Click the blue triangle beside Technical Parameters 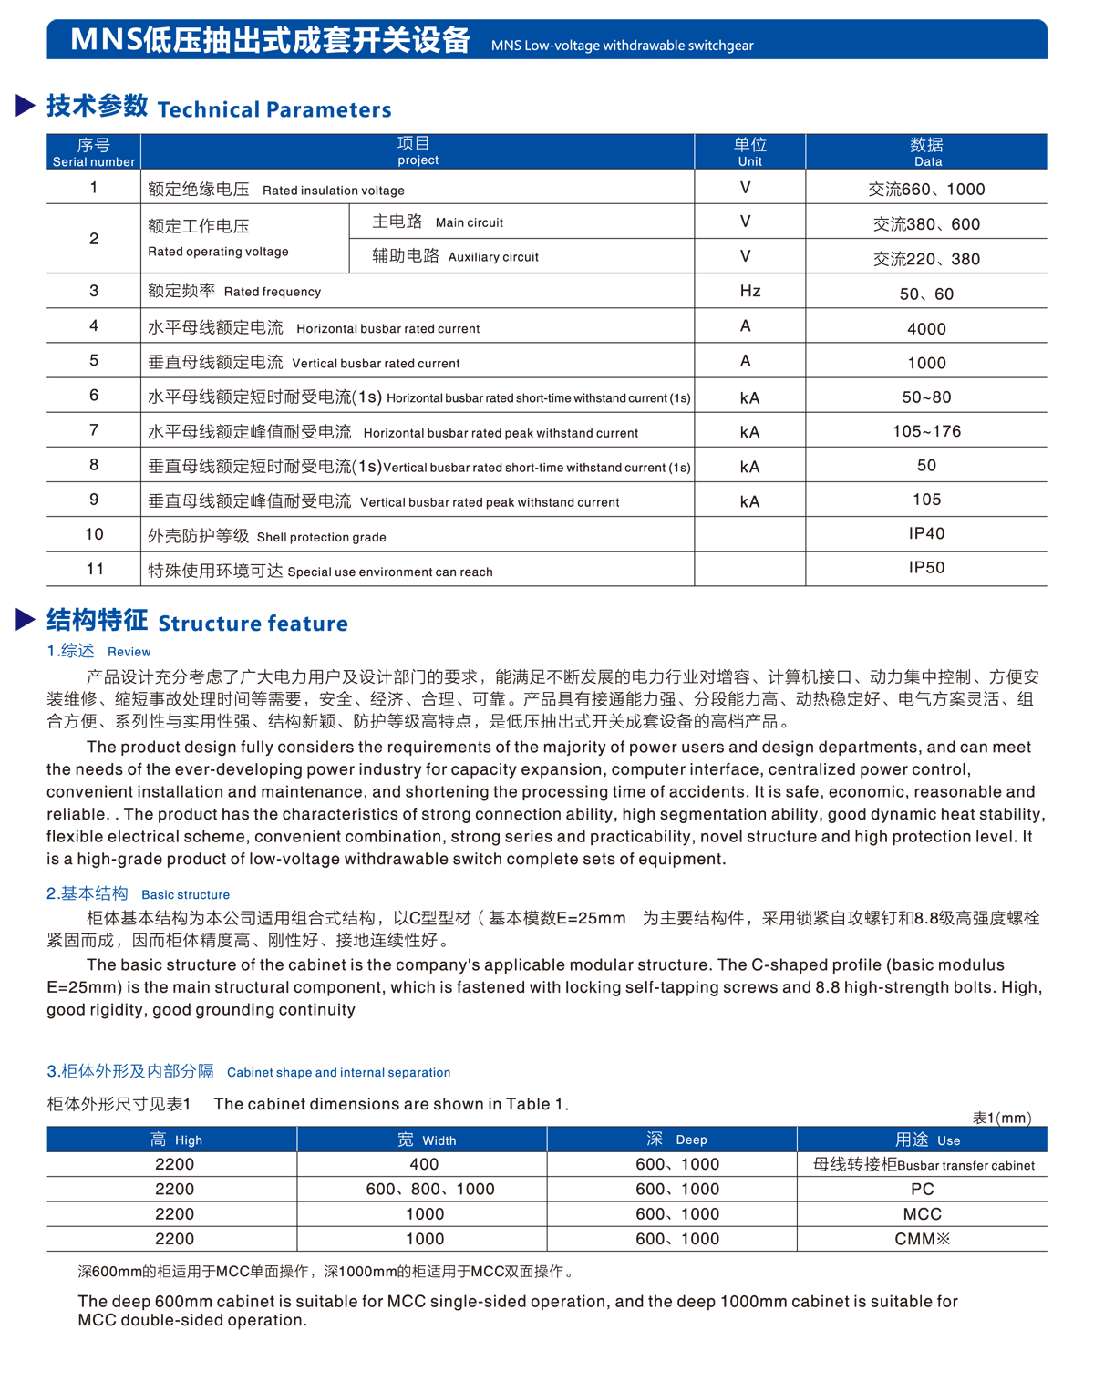(x=26, y=106)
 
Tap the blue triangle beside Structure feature (x=26, y=620)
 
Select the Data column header (x=926, y=151)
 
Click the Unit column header (x=749, y=151)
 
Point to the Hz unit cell (x=749, y=291)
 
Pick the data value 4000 (x=926, y=328)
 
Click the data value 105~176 (x=926, y=431)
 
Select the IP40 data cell (x=926, y=533)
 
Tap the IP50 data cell (x=926, y=567)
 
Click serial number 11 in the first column (x=95, y=569)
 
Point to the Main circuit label (x=438, y=222)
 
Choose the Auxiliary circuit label (x=455, y=256)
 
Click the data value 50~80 (x=926, y=397)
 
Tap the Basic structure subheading (x=138, y=893)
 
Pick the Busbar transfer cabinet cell (x=923, y=1164)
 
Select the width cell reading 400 (x=424, y=1164)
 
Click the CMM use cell (x=922, y=1239)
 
